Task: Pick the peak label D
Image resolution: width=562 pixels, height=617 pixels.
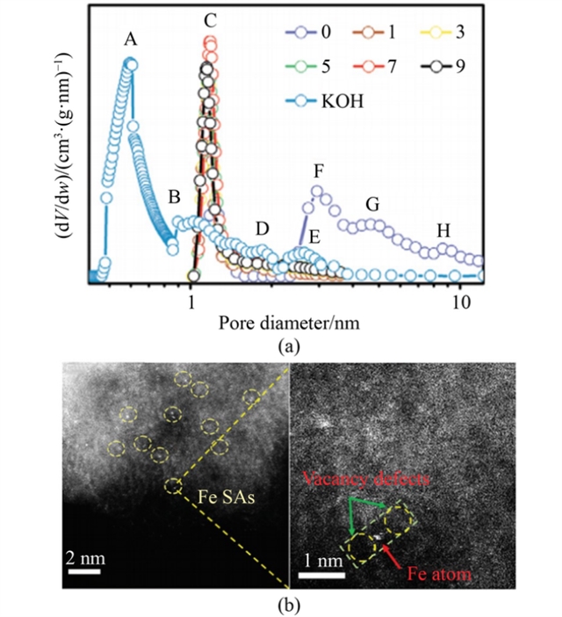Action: (x=262, y=229)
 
